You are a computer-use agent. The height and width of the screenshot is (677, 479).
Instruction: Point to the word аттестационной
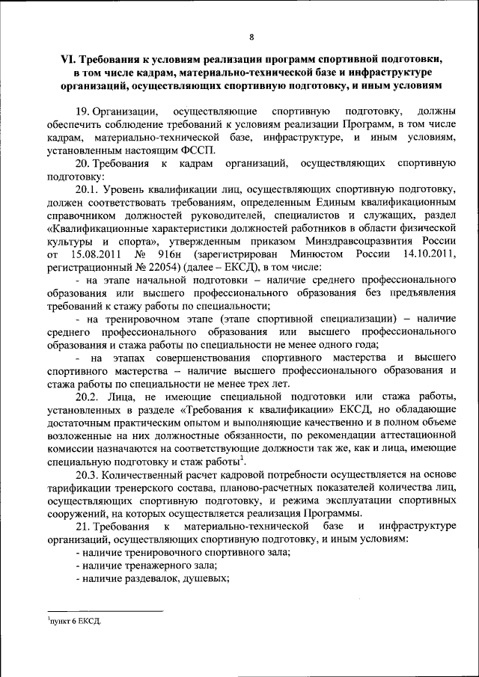(x=415, y=435)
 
